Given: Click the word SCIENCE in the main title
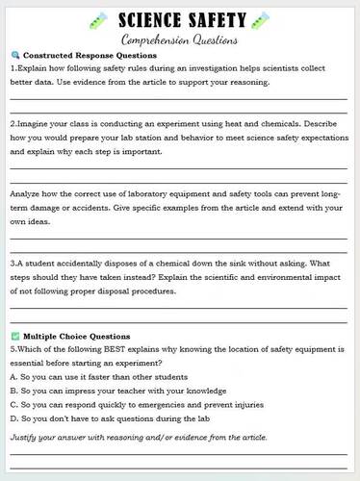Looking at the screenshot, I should (x=150, y=19).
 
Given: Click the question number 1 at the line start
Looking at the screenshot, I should (x=12, y=68).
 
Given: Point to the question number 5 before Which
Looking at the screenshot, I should (x=12, y=349).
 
